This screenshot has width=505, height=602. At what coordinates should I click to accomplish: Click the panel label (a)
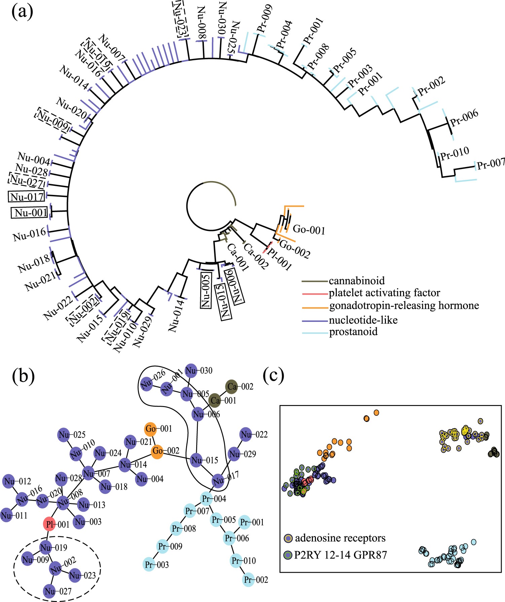click(22, 12)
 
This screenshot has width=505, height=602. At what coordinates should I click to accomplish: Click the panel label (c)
click(274, 375)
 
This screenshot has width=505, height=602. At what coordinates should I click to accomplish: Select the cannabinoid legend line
click(315, 281)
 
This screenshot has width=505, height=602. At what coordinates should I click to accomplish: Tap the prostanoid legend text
click(353, 332)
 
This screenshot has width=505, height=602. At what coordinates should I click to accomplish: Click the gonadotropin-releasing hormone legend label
click(404, 306)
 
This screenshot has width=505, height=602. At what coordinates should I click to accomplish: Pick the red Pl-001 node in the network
click(49, 524)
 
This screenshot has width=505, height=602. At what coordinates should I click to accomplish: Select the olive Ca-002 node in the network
click(231, 387)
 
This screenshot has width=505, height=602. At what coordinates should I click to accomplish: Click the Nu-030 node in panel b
click(191, 371)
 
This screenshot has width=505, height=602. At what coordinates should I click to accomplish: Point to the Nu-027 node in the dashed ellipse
click(50, 591)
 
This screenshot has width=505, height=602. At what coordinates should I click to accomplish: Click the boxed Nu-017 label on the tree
click(27, 197)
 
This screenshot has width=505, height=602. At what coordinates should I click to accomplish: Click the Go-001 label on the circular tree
click(309, 230)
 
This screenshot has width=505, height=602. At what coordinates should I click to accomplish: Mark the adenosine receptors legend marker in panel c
click(288, 538)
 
